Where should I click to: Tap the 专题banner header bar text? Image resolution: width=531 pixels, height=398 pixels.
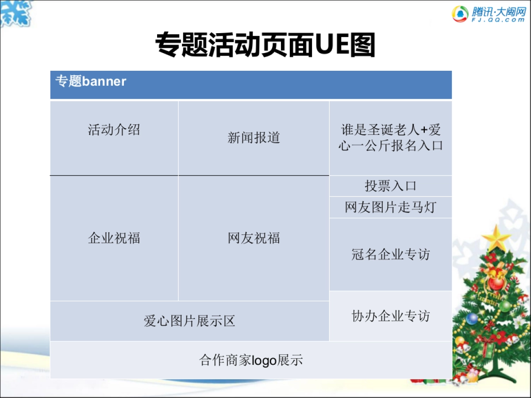coord(91,81)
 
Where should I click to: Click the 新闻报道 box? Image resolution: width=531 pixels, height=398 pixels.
coord(254,138)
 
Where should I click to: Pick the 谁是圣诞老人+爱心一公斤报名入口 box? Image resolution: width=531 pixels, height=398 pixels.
coord(390,138)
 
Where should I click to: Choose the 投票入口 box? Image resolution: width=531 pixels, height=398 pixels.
coord(390,186)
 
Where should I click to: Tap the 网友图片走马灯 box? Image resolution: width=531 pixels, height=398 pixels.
coord(390,207)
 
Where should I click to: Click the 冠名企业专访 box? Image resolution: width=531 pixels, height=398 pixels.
coord(390,254)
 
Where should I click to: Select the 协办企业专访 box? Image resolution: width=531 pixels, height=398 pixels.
coord(390,316)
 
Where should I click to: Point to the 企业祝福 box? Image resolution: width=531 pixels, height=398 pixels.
coord(114,238)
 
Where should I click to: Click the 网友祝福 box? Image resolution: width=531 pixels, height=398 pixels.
coord(254,238)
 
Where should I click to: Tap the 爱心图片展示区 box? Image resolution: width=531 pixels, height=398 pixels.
coord(189,321)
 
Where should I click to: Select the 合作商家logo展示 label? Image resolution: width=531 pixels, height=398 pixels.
coord(251,360)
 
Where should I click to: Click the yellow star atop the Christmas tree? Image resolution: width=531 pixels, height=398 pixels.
coord(496,237)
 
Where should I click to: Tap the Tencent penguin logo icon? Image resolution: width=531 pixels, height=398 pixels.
coord(460,14)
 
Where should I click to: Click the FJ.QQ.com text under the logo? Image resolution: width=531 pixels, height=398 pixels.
coord(498,20)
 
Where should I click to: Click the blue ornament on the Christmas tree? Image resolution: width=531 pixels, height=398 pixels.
coord(472,318)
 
